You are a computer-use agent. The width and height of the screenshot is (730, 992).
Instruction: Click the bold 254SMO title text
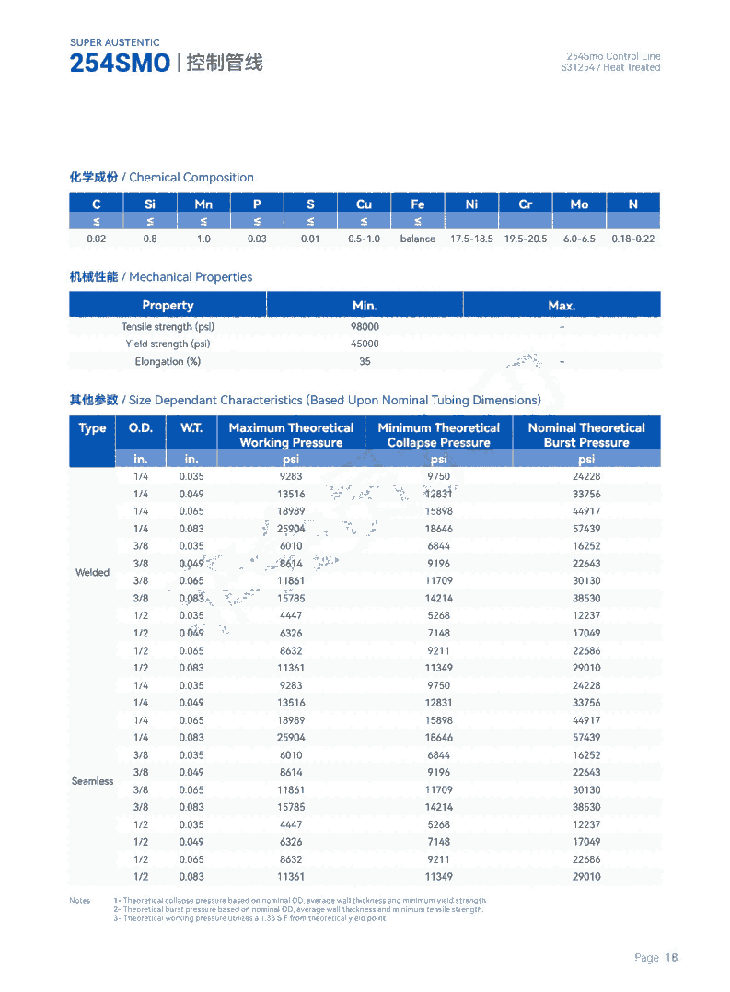120,64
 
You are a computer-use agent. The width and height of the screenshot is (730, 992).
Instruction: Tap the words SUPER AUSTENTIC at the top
114,42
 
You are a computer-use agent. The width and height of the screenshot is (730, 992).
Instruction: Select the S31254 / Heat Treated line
610,68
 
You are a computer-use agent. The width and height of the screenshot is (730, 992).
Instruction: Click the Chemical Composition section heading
161,178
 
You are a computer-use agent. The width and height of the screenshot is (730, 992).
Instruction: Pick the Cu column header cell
364,204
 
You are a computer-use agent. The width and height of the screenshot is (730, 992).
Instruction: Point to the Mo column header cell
579,204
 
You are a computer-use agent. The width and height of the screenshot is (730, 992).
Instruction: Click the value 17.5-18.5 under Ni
471,239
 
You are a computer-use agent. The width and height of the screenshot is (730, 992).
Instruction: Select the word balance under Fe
417,239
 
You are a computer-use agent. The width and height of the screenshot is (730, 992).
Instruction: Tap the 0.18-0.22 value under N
633,239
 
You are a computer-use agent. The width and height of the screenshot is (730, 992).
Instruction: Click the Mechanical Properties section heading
160,277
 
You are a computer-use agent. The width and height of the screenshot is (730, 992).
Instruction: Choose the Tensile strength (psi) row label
168,327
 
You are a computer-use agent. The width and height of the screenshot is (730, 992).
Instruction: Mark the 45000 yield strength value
365,344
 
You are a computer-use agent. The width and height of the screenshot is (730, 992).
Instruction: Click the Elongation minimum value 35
365,362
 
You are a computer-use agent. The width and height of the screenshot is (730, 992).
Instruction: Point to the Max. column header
562,306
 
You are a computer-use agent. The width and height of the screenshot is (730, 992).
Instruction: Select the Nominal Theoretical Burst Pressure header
586,435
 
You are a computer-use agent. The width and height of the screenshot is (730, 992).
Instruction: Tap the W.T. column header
191,428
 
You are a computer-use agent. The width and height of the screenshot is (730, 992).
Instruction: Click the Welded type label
92,573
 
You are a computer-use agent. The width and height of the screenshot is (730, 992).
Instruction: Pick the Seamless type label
92,781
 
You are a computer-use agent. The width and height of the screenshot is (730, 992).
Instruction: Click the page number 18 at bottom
671,958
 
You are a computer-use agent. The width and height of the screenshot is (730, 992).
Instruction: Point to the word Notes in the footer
80,901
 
